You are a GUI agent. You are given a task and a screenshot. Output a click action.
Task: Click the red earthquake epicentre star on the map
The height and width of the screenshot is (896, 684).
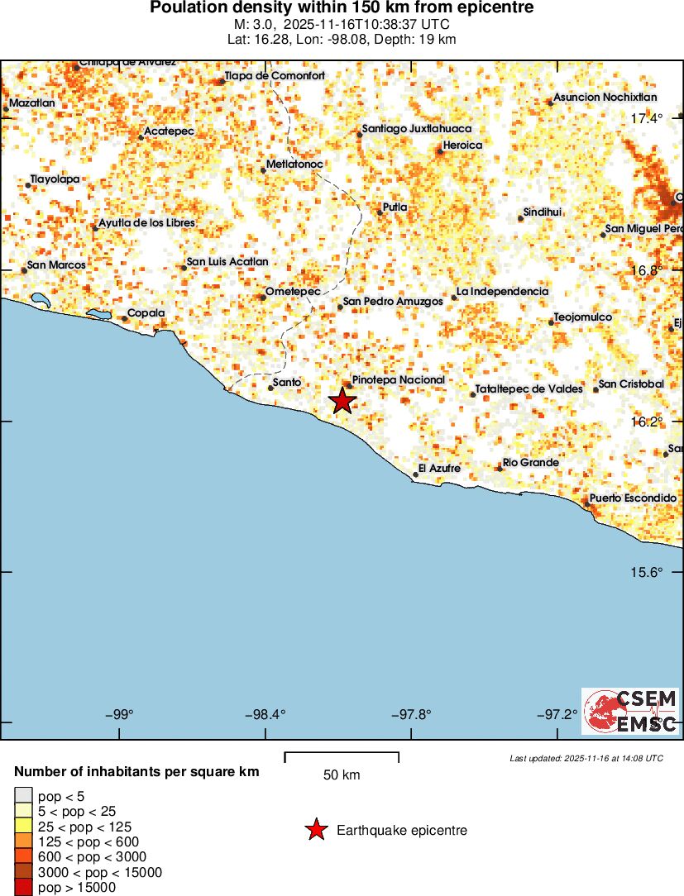pos(342,401)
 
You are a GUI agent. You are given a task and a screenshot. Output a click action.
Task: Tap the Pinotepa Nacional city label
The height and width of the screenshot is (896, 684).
pos(398,380)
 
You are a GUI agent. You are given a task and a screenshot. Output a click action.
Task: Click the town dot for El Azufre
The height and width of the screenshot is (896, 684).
pos(415,474)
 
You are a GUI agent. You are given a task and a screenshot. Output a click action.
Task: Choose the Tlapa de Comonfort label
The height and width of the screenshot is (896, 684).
pos(275,76)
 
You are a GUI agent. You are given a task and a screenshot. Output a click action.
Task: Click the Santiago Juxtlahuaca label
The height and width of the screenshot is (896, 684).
pos(417,129)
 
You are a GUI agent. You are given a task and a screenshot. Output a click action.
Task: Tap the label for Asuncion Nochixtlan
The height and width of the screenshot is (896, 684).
pos(605,98)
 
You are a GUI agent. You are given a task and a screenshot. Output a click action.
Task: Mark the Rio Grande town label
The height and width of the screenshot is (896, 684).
pos(531,463)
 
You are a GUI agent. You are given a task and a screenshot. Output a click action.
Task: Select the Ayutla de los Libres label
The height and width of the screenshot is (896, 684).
pos(146,223)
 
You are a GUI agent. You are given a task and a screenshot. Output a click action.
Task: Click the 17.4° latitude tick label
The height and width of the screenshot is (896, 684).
pos(647,119)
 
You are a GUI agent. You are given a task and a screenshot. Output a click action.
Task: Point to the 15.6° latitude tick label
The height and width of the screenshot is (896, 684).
pos(647,572)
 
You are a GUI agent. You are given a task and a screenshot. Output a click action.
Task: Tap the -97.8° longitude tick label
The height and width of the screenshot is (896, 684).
pos(411,714)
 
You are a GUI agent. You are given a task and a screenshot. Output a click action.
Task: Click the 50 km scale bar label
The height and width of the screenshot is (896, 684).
pos(342,775)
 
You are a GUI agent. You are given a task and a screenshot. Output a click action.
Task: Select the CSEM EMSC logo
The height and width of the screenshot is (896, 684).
pos(630,711)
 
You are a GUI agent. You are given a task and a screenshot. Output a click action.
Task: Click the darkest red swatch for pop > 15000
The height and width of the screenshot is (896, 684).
pos(23,887)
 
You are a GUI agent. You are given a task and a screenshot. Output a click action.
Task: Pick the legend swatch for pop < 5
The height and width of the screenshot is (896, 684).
pos(23,797)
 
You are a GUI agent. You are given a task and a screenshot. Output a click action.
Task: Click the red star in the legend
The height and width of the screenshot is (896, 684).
pos(316,830)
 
